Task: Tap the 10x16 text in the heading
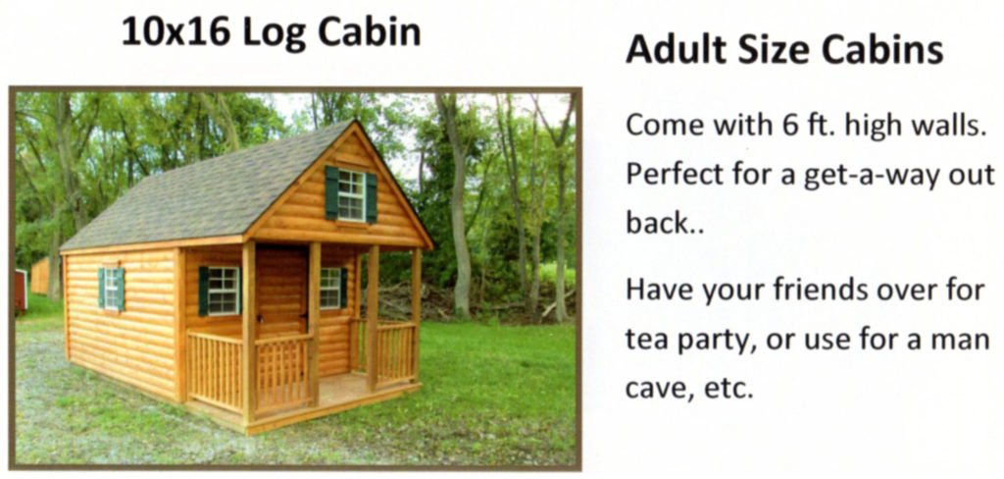point(176,32)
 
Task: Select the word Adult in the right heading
point(677,50)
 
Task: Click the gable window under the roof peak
point(351,194)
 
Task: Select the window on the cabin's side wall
point(111,289)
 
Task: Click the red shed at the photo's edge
point(21,291)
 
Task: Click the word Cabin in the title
point(370,32)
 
